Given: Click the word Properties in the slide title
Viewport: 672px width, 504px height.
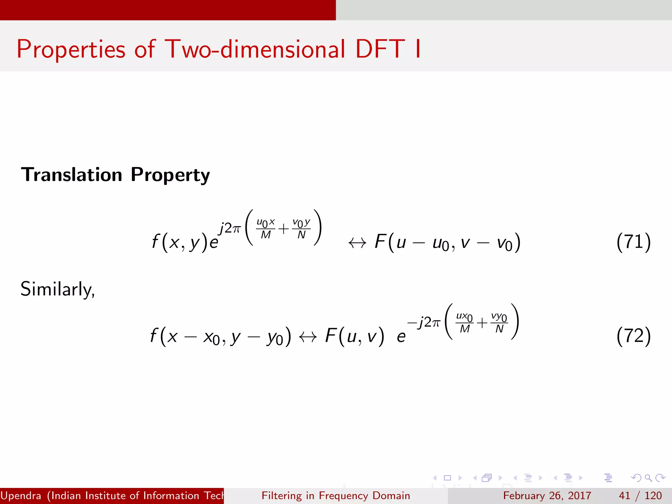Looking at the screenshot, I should (71, 50).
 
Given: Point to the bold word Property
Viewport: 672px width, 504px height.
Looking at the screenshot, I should (170, 175).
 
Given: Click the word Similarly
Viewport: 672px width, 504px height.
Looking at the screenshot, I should (57, 289).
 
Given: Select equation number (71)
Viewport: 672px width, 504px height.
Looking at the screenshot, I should (633, 242).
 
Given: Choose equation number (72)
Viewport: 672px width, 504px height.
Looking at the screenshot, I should (633, 336).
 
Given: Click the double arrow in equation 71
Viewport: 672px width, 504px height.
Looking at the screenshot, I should (357, 243).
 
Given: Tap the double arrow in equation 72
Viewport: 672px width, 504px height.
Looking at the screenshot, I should (307, 337).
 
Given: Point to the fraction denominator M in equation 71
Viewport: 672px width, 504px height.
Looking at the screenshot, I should (265, 235).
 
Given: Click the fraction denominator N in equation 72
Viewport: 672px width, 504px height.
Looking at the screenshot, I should (499, 329).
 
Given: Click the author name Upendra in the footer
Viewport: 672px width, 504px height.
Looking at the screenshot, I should (21, 495).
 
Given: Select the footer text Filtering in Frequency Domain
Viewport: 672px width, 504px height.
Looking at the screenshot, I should (336, 495).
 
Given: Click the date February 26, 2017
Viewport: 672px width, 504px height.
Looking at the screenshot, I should (547, 495).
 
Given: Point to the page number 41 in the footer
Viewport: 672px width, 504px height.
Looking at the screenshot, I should (624, 495).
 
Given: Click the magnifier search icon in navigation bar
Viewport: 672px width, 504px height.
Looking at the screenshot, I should (648, 478).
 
